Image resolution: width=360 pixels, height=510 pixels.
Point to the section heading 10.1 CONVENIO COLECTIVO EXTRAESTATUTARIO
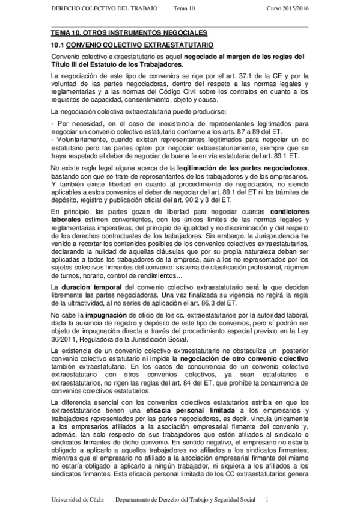[129, 45]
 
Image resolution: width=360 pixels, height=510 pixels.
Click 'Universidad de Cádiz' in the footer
[79, 500]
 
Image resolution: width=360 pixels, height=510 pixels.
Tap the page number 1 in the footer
[267, 500]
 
